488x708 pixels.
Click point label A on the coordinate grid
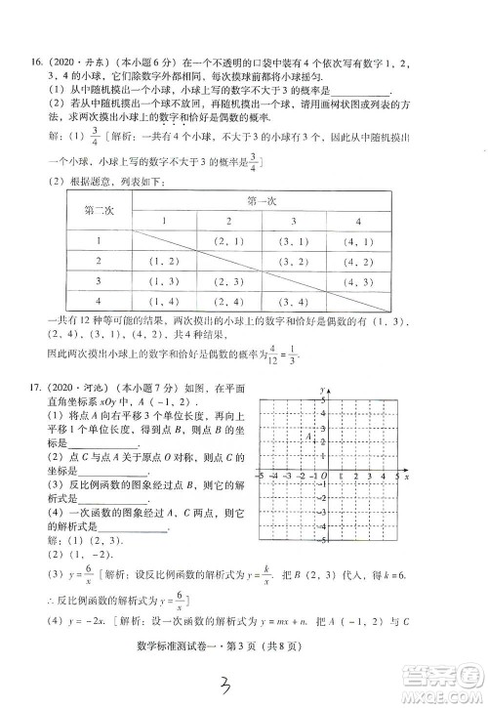coord(308,437)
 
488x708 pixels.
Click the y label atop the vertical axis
coord(320,390)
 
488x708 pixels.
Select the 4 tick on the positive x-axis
coord(384,477)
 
